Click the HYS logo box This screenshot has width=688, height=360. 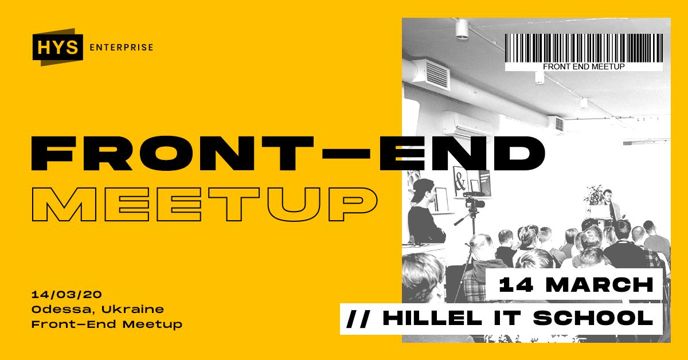point(58,48)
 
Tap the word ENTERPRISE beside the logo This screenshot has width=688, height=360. point(122,48)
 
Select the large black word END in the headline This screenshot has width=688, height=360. point(462,154)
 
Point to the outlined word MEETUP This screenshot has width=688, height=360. point(205,204)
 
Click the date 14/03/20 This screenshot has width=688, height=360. point(67,295)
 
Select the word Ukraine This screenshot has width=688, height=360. point(132,310)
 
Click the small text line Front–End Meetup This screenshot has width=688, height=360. point(107,324)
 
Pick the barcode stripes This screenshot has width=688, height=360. point(584,48)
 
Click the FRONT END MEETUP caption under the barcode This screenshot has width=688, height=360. point(584,66)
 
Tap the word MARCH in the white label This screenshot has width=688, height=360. point(600,285)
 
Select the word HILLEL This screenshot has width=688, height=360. point(432,318)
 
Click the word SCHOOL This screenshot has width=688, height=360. point(593,318)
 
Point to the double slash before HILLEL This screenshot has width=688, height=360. point(358,318)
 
